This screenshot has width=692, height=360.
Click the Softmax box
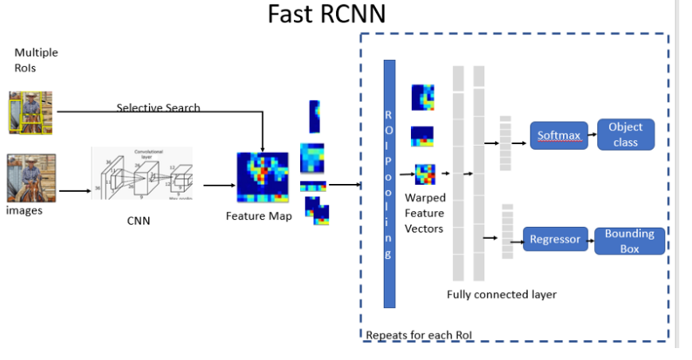pyautogui.click(x=557, y=135)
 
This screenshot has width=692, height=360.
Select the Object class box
pyautogui.click(x=625, y=135)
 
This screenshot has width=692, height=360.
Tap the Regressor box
pyautogui.click(x=555, y=239)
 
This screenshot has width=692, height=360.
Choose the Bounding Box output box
pyautogui.click(x=629, y=240)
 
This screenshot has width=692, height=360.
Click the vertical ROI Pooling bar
pyautogui.click(x=389, y=183)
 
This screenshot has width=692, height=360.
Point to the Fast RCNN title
pyautogui.click(x=326, y=14)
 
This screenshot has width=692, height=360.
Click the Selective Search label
pyautogui.click(x=158, y=108)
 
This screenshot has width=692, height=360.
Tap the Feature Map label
pyautogui.click(x=258, y=216)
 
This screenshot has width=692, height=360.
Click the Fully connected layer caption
pyautogui.click(x=502, y=295)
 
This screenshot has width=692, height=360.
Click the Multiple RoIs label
pyautogui.click(x=36, y=60)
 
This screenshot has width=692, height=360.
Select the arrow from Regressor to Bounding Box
pyautogui.click(x=590, y=239)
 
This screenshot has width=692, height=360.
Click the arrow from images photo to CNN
pyautogui.click(x=73, y=191)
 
